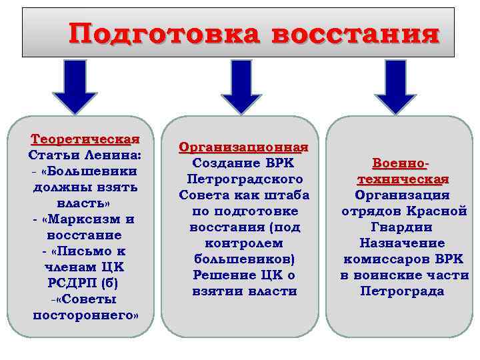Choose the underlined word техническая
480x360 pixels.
tap(403, 180)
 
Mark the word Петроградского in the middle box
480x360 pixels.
tap(245, 179)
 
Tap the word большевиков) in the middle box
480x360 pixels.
tap(244, 259)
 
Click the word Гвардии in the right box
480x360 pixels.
tap(401, 227)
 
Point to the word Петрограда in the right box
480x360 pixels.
tap(402, 291)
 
